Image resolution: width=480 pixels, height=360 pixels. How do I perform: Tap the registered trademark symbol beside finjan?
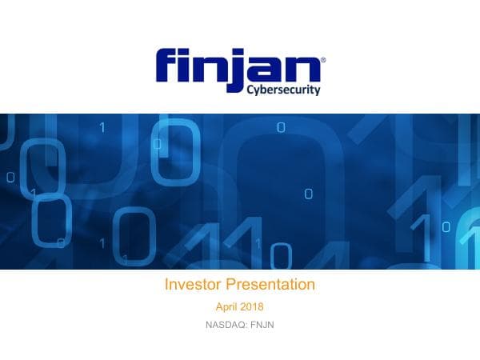(x=322, y=59)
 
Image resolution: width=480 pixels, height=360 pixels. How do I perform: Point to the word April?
(x=229, y=307)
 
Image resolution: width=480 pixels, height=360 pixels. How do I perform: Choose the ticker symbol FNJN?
(x=262, y=325)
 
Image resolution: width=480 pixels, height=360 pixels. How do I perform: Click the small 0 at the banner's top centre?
(x=280, y=126)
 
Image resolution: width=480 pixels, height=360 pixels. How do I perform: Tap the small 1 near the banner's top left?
(x=102, y=126)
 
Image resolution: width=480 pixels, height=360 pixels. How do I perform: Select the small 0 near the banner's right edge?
(x=446, y=226)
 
